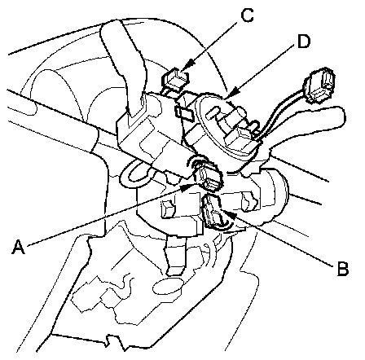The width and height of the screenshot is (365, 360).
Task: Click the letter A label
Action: [x=19, y=247]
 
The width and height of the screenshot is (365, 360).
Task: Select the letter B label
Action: [x=342, y=268]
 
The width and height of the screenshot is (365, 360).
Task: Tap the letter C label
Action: [x=247, y=15]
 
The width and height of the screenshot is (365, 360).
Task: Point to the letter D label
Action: [x=303, y=42]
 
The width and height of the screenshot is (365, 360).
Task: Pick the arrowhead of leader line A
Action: [x=189, y=187]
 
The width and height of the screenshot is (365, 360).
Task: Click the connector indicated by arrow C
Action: [x=175, y=79]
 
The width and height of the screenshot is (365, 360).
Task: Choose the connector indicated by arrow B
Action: [x=214, y=210]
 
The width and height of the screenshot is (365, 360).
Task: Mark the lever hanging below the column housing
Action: [x=176, y=255]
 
